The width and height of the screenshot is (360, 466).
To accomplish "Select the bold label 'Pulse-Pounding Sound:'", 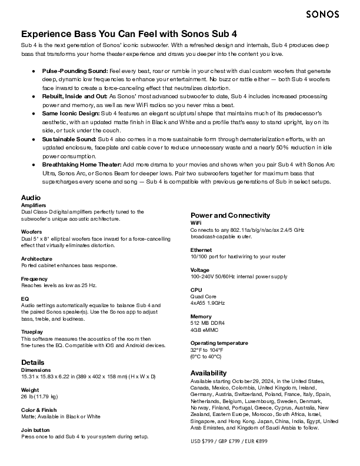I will [74, 71].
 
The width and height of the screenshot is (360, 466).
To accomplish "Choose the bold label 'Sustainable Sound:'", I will [68, 138].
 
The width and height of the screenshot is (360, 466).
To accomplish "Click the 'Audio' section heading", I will [31, 197].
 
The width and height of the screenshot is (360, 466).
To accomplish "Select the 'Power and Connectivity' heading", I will [230, 215].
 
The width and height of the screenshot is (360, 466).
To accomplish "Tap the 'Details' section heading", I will [32, 362].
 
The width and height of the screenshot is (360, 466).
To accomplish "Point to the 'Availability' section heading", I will [208, 373].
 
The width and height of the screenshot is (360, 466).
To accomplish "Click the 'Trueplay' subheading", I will [32, 332].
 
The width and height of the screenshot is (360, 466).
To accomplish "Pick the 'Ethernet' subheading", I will [202, 250].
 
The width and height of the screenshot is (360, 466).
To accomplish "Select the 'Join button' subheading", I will [35, 430].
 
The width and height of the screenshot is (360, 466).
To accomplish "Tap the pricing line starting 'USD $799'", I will [229, 441].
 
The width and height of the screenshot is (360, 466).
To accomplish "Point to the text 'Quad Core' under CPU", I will [204, 297].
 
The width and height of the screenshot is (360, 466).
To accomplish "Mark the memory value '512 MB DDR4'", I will [208, 323].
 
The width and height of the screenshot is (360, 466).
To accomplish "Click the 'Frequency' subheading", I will [34, 278].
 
